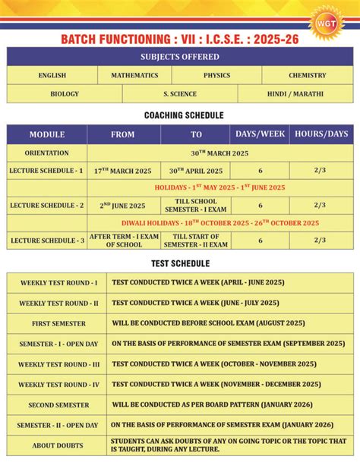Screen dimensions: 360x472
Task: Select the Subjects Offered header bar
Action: click(x=180, y=57)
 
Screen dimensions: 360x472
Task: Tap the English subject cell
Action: click(x=52, y=75)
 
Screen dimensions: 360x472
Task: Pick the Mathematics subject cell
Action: click(x=134, y=75)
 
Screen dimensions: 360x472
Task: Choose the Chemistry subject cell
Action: click(x=307, y=75)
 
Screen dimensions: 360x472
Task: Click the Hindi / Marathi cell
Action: click(x=295, y=94)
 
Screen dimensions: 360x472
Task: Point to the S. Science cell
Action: click(x=180, y=94)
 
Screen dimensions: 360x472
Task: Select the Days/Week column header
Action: click(x=261, y=134)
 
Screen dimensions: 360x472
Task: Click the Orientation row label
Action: click(x=47, y=153)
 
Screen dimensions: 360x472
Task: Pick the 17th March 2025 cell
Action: click(x=123, y=171)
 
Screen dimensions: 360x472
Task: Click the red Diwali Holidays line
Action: click(x=220, y=223)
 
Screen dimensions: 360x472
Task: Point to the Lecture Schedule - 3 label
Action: click(x=47, y=241)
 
